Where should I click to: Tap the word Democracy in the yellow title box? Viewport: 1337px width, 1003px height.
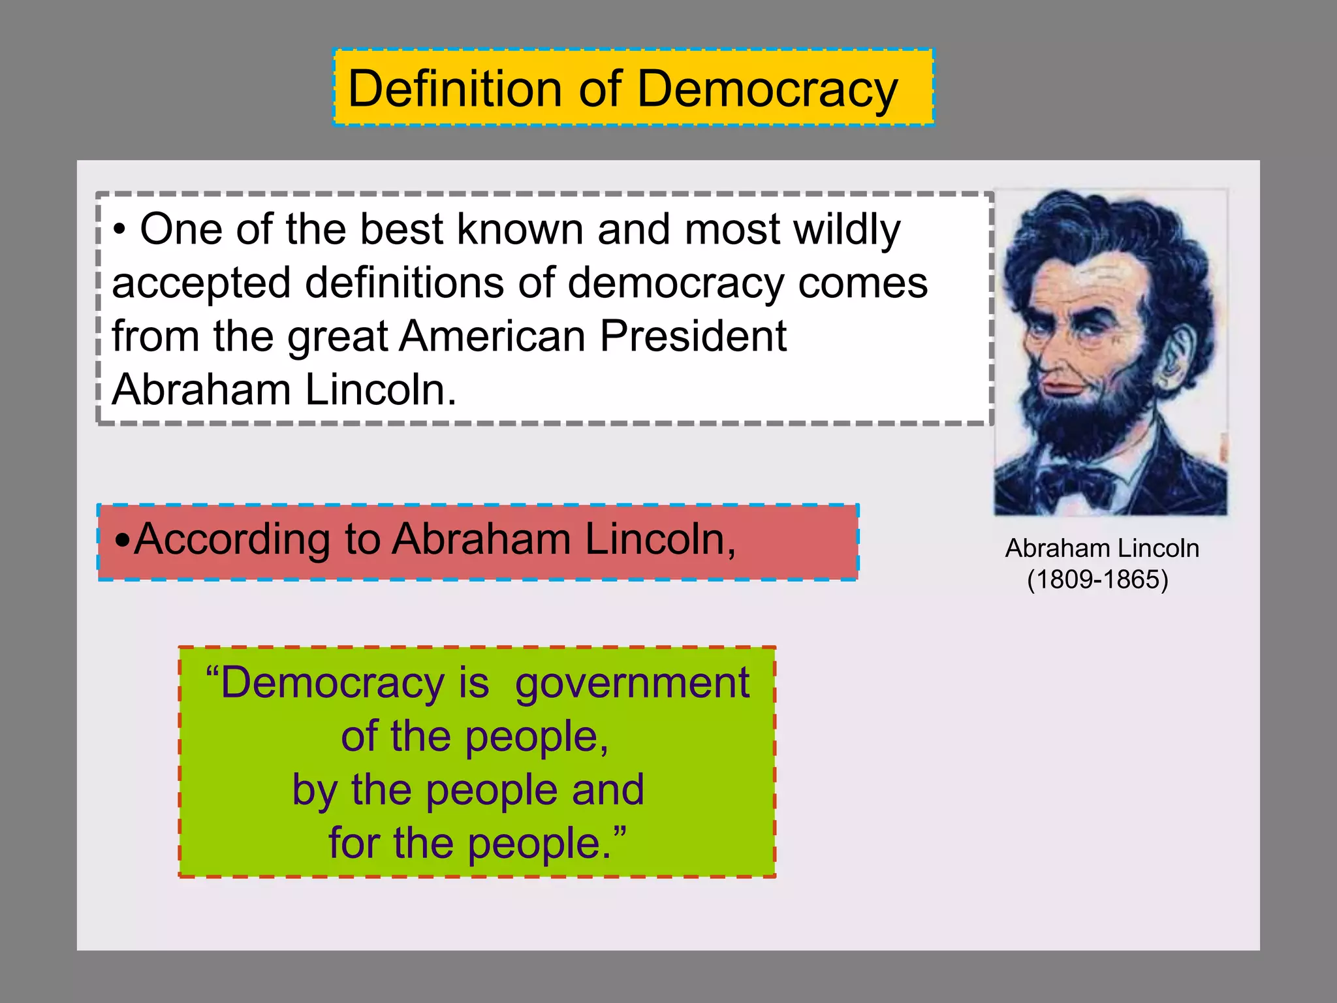tap(767, 89)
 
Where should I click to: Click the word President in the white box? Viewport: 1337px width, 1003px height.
tap(693, 336)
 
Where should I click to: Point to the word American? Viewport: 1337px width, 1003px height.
tap(493, 336)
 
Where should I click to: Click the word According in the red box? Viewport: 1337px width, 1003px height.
tap(257, 539)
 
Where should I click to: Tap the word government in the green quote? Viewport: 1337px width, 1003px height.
tap(632, 683)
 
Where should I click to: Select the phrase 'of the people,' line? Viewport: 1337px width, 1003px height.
tap(475, 737)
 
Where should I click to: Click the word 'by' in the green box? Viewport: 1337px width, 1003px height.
tap(313, 790)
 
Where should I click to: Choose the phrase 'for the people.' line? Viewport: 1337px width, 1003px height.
tap(477, 843)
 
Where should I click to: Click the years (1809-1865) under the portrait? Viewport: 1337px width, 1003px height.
tap(1097, 579)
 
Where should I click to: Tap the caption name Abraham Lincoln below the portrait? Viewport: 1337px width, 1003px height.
tap(1102, 549)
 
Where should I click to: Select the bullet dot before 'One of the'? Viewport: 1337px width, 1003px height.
tap(119, 230)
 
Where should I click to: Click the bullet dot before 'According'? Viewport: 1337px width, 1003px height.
tap(122, 541)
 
